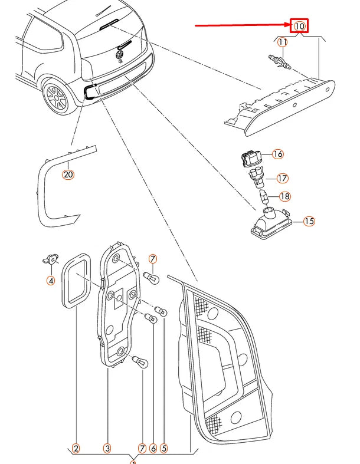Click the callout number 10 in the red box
tap(300, 26)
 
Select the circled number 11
tap(283, 42)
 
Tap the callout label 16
tap(278, 154)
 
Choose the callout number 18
tap(284, 196)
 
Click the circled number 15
tap(309, 222)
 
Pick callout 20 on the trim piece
tap(68, 175)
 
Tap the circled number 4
tap(51, 280)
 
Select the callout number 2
tap(76, 449)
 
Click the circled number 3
tap(107, 449)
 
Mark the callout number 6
tap(153, 449)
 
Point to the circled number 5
tap(164, 449)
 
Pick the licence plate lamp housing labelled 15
tap(271, 226)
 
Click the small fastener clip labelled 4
tap(51, 257)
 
